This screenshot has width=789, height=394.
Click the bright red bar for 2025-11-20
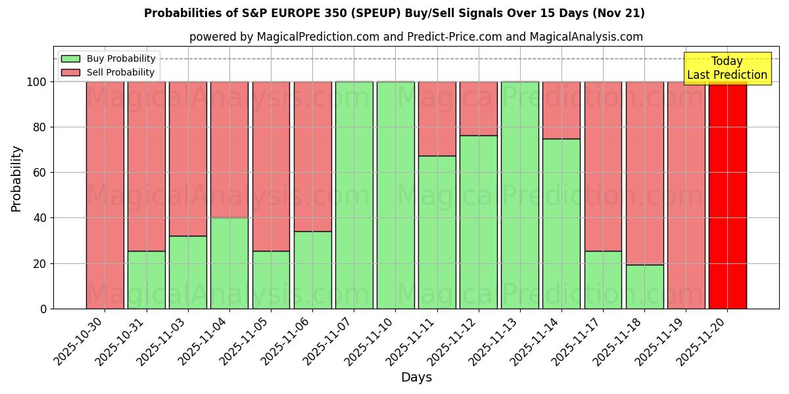[727, 195]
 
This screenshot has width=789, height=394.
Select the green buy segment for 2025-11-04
[229, 263]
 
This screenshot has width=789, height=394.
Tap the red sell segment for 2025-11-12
[478, 108]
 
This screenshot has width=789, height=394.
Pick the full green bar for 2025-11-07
[354, 195]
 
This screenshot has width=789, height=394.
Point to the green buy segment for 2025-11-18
[644, 286]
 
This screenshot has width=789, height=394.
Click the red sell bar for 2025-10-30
[105, 195]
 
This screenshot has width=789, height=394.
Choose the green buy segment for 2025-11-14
[562, 223]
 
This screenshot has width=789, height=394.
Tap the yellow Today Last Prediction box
[727, 68]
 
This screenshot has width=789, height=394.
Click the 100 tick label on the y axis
[37, 82]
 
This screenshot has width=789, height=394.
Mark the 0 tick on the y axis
[43, 309]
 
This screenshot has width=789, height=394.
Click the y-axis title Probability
[16, 179]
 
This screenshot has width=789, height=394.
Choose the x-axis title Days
[416, 378]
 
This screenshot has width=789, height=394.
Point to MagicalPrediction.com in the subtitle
[318, 37]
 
